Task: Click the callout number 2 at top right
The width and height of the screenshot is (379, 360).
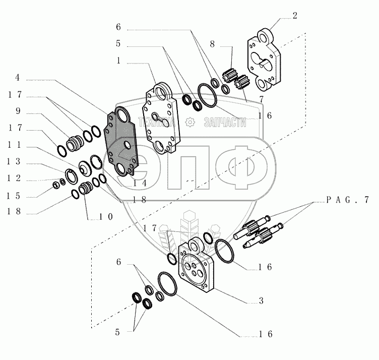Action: pos(295,15)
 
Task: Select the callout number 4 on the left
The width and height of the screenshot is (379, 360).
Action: pos(17,78)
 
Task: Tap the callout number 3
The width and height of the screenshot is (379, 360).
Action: pos(261,301)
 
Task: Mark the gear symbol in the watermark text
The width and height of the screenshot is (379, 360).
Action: pos(189,122)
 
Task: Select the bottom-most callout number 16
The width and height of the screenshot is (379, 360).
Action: pos(266,334)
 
